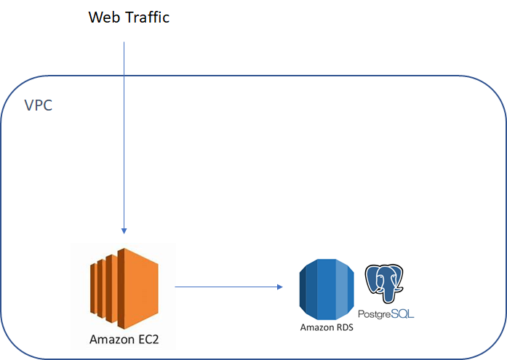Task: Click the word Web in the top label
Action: coord(104,17)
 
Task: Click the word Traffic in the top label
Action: coord(147,17)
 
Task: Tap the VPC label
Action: coord(38,105)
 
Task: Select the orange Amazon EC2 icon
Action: coord(124,288)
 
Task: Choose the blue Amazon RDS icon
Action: coord(327,289)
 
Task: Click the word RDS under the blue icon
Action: coord(344,327)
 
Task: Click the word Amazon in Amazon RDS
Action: coord(316,327)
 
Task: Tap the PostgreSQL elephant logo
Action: coord(384,284)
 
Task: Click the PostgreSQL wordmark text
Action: coord(386,313)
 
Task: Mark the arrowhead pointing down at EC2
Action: coord(124,231)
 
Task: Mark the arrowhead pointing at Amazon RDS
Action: coord(280,287)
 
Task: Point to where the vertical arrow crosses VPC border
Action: coord(124,76)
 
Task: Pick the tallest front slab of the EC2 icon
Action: coord(137,288)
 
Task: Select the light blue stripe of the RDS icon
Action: coord(341,289)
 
